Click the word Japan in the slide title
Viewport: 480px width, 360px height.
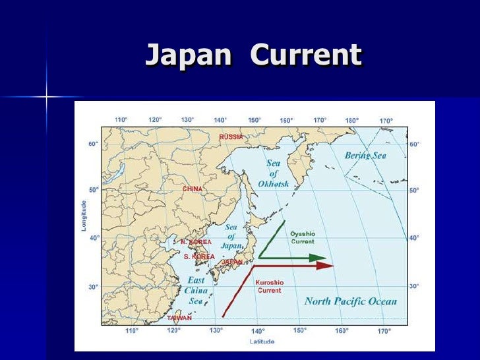click(x=188, y=55)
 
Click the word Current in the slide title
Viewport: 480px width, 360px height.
click(x=306, y=55)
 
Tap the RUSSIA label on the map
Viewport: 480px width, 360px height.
click(x=231, y=137)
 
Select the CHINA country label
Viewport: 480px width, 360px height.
click(x=192, y=189)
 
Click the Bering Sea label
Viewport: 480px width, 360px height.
click(x=365, y=156)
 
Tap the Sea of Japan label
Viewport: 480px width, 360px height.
click(x=231, y=235)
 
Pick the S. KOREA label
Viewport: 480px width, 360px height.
click(x=198, y=256)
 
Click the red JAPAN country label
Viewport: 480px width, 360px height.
click(x=231, y=262)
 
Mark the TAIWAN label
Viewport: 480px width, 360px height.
click(x=179, y=318)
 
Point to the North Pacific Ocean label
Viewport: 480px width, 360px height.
click(x=351, y=301)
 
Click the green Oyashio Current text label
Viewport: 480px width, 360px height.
click(x=303, y=237)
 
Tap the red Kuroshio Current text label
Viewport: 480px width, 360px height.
click(x=269, y=286)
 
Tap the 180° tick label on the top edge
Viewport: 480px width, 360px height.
click(x=352, y=121)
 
